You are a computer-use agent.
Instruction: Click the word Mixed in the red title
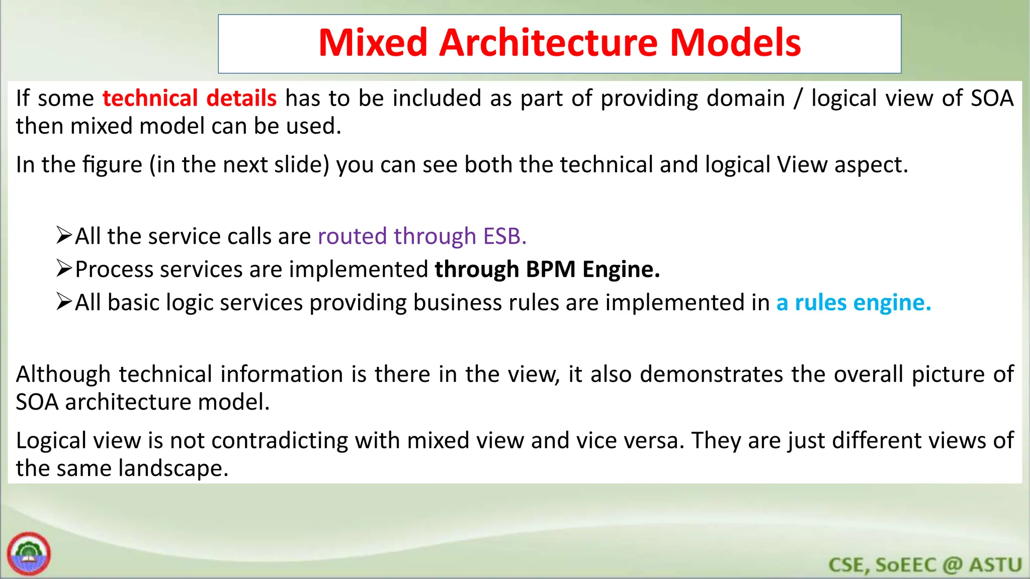click(x=373, y=43)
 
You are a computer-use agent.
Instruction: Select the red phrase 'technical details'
click(x=189, y=98)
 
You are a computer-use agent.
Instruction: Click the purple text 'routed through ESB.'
click(x=422, y=236)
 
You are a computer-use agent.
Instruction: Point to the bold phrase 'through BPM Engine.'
click(x=547, y=269)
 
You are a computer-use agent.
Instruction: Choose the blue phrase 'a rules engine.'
click(x=853, y=303)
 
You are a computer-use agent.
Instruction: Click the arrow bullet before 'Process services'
click(x=64, y=269)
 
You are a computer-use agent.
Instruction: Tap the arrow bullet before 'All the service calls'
click(x=64, y=235)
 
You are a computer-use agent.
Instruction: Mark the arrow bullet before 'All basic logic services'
click(x=64, y=302)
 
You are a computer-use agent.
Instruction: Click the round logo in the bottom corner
click(x=29, y=554)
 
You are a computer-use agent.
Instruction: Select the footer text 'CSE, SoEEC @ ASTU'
click(x=925, y=565)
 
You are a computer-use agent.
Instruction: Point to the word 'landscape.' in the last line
click(x=174, y=468)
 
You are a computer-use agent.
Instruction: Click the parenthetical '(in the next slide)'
click(x=239, y=165)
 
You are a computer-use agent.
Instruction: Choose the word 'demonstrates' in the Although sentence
click(x=711, y=374)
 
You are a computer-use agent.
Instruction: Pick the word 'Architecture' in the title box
click(x=548, y=43)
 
